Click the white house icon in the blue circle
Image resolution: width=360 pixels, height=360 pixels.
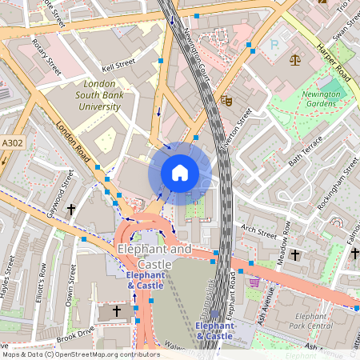[x=180, y=172]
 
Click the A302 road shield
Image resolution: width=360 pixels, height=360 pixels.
[x=12, y=142]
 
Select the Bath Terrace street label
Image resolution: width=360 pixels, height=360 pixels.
[x=305, y=151]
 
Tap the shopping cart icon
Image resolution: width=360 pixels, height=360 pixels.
[x=254, y=282]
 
